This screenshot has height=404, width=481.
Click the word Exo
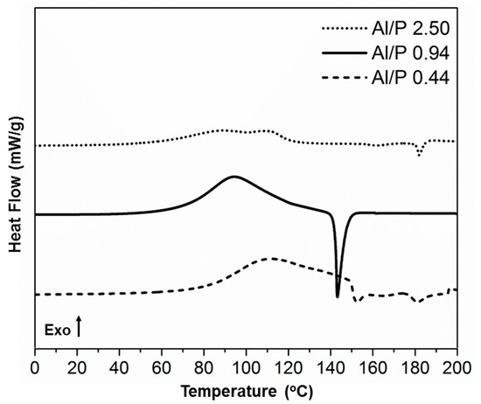[56, 330]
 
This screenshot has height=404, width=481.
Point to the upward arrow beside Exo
[80, 327]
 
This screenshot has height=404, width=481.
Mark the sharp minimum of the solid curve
[338, 296]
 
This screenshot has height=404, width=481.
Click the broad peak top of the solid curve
[234, 177]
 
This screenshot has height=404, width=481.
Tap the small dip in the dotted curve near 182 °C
[420, 155]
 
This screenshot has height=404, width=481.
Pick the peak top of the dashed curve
[269, 258]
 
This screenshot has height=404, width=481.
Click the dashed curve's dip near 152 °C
[356, 301]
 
